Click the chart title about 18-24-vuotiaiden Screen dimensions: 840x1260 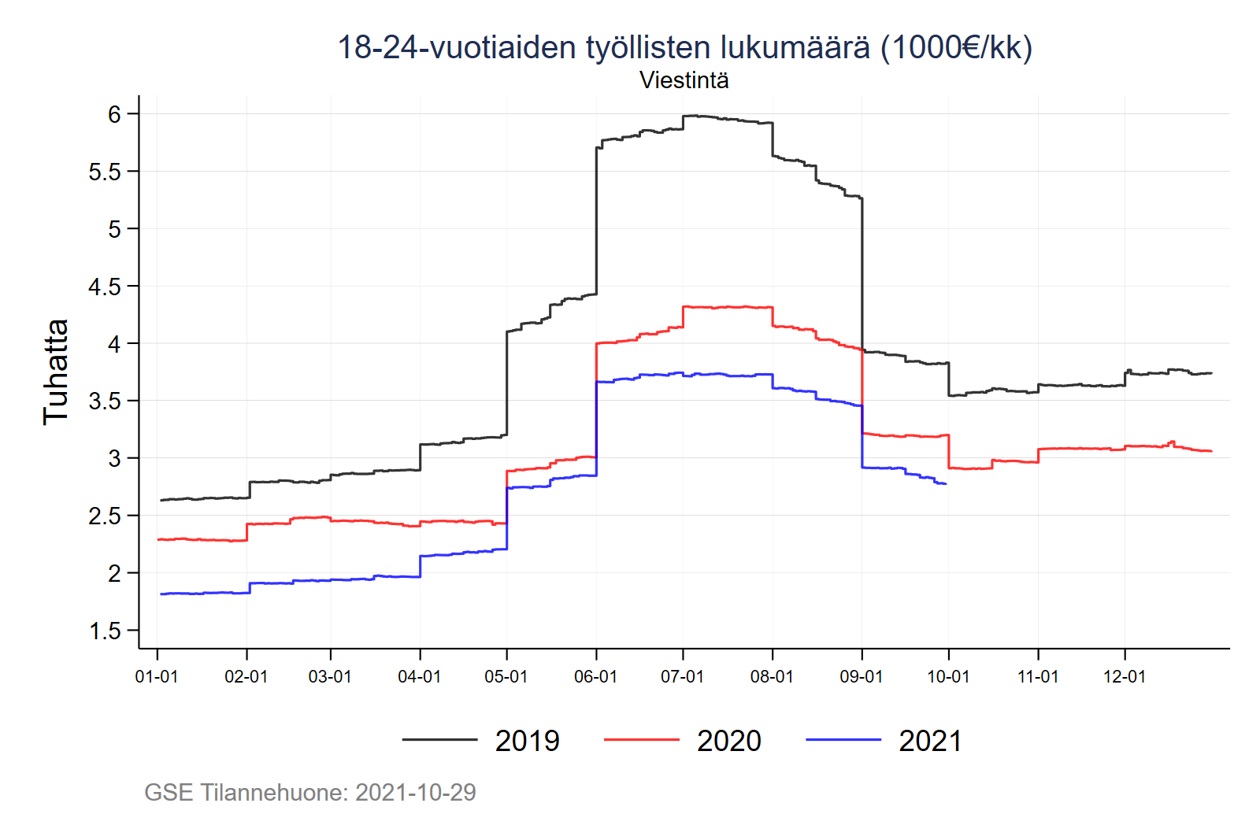[x=684, y=47]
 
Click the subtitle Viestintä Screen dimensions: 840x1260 [x=684, y=80]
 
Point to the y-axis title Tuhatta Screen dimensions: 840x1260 [x=56, y=372]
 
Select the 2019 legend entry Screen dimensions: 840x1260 [x=527, y=741]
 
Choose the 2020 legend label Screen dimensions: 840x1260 [x=728, y=741]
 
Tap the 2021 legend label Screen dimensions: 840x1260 [x=930, y=741]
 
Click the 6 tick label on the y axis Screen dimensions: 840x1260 [x=115, y=114]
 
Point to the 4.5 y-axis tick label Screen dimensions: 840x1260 [x=105, y=287]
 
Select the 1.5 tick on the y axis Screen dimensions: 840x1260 [x=105, y=631]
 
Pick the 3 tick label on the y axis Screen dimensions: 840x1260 [x=115, y=458]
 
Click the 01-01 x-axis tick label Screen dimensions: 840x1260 [x=157, y=676]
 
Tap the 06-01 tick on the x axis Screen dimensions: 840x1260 [x=595, y=676]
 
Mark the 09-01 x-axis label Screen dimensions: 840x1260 [x=862, y=676]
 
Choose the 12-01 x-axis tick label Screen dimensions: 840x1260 [x=1124, y=676]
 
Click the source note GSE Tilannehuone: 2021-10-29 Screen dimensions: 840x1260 [x=310, y=792]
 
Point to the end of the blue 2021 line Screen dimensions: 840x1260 [x=945, y=483]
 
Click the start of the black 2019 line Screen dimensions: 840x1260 [x=161, y=500]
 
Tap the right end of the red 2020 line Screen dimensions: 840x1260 [x=1211, y=451]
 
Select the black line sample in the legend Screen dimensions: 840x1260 [x=439, y=740]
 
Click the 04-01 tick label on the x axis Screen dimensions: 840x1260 [x=419, y=676]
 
